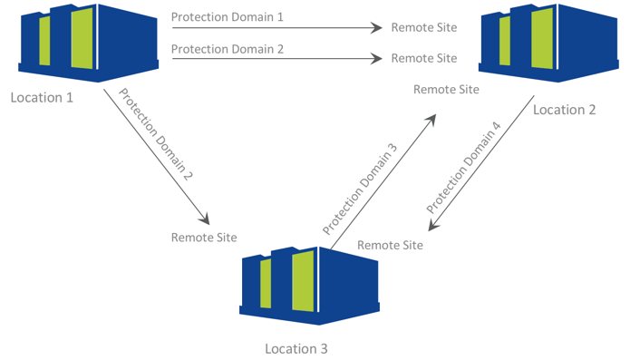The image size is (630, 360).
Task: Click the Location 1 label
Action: [x=42, y=98]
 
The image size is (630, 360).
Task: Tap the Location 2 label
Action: [x=564, y=110]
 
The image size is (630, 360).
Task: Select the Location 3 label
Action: [x=296, y=349]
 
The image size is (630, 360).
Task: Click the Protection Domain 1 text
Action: [x=227, y=17]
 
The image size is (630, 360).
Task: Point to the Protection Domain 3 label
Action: [x=360, y=189]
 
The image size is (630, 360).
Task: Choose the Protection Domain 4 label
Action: [x=463, y=168]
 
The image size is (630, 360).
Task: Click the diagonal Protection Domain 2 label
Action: [x=156, y=134]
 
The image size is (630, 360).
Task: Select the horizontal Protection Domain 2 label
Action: [x=228, y=49]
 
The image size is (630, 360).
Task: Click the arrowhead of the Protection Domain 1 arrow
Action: [x=376, y=28]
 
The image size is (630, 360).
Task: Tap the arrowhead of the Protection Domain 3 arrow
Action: [x=431, y=120]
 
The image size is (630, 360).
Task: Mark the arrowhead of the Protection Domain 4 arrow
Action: [x=433, y=225]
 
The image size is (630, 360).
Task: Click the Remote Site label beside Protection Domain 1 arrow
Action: [x=424, y=27]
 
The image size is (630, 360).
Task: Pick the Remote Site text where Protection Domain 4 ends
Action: [x=390, y=245]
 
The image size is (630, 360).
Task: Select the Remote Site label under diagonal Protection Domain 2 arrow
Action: [x=204, y=238]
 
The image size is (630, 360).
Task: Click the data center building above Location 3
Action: [x=309, y=286]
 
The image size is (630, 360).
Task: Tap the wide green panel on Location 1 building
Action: [x=82, y=38]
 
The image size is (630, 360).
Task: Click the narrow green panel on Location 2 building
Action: [x=505, y=41]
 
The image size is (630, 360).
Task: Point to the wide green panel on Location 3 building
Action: [x=303, y=281]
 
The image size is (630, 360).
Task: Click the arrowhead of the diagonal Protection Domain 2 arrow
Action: [x=205, y=219]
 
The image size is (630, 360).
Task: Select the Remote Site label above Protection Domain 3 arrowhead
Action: [x=446, y=89]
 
